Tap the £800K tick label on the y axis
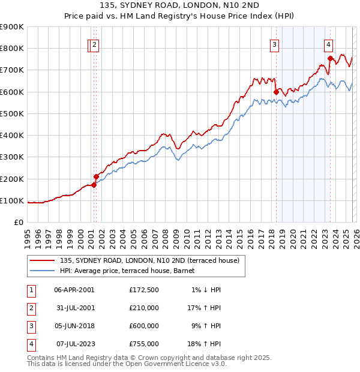click(12, 49)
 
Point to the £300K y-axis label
click(12, 157)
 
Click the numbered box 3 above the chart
click(274, 44)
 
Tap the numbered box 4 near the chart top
click(329, 44)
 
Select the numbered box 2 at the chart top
click(95, 44)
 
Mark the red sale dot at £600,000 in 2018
click(276, 92)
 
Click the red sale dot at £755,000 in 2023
click(330, 58)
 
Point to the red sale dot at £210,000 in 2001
click(96, 176)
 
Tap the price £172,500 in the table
click(144, 290)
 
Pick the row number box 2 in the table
click(30, 308)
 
